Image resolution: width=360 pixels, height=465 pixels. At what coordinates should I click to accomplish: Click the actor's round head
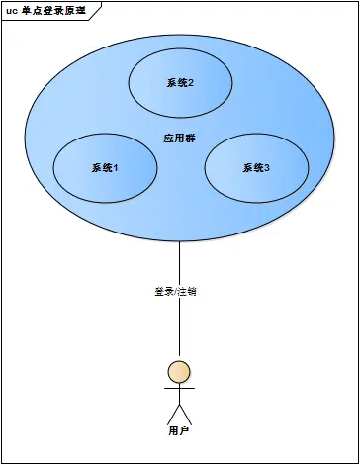pos(179,372)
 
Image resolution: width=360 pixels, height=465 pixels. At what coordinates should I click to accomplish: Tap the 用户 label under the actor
pos(178,431)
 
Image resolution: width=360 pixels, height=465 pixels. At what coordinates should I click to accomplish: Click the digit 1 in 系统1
pos(116,167)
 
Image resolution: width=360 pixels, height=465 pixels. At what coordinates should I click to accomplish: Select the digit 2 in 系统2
pos(190,82)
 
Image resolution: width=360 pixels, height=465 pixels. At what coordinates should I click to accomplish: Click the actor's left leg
pos(172,413)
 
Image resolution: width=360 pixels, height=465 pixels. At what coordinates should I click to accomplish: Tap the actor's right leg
pos(186,413)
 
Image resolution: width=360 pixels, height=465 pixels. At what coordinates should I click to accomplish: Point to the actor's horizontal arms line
pos(179,389)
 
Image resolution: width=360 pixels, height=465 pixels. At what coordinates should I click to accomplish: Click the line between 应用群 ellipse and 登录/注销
pos(179,262)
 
